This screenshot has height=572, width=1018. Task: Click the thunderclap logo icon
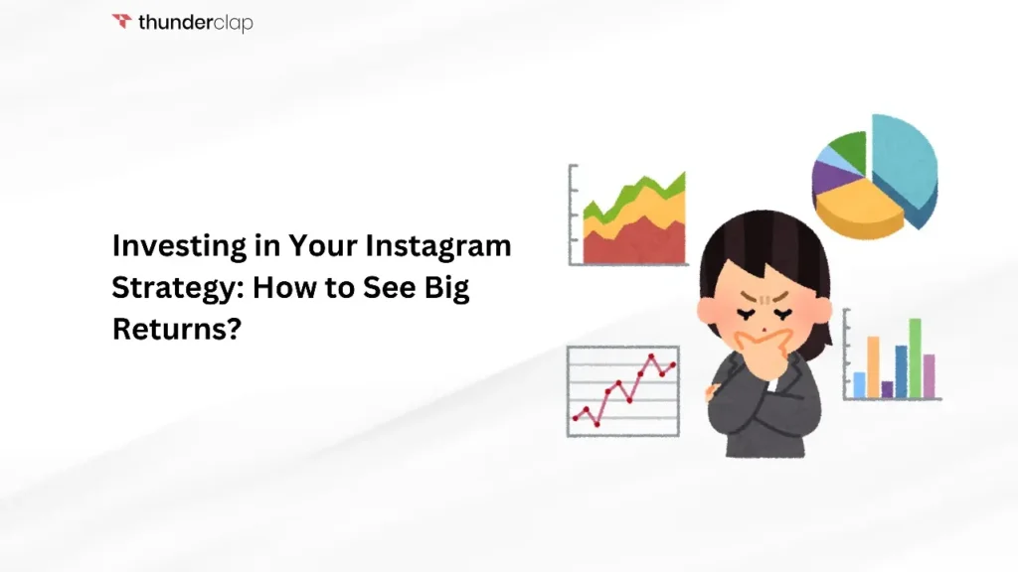pos(121,21)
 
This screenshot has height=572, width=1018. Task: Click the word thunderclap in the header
pos(195,22)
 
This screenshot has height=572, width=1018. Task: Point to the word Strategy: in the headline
pos(176,288)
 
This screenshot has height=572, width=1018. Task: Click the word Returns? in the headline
pos(176,331)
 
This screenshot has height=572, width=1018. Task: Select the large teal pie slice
pos(905,164)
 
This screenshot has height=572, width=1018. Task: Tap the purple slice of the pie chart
pos(827,179)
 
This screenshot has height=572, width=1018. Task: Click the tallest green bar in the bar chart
pos(915,357)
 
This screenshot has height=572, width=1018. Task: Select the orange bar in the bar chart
pos(873,365)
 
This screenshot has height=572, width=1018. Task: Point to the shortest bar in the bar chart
pos(887,388)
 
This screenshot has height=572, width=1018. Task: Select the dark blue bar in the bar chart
pos(901,370)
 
